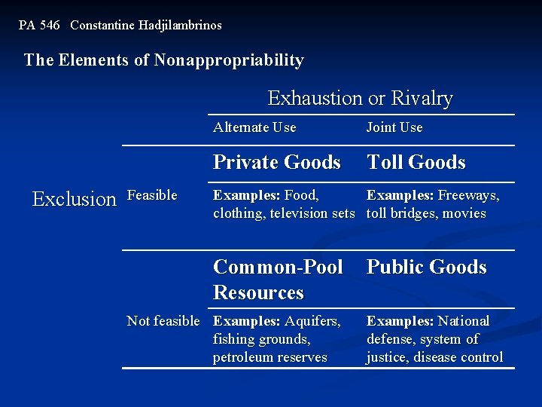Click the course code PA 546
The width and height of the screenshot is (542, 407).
click(x=39, y=25)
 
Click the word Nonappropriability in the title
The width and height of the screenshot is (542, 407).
click(x=229, y=60)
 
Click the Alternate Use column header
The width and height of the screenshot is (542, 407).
click(x=254, y=127)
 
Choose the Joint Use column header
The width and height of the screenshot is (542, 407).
click(x=394, y=127)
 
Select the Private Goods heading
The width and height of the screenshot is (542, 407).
click(x=277, y=162)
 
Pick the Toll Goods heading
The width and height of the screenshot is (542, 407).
click(x=416, y=162)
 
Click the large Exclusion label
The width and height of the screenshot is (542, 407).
click(x=75, y=199)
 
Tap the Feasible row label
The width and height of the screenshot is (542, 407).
click(x=152, y=195)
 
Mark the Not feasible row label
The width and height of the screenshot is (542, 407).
click(x=163, y=321)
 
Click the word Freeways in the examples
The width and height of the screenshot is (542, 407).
click(x=468, y=195)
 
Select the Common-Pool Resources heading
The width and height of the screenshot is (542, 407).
click(x=277, y=280)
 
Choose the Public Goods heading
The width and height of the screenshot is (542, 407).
click(x=427, y=268)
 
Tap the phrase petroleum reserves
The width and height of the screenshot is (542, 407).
click(x=270, y=357)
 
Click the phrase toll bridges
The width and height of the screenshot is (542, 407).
click(x=398, y=213)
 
